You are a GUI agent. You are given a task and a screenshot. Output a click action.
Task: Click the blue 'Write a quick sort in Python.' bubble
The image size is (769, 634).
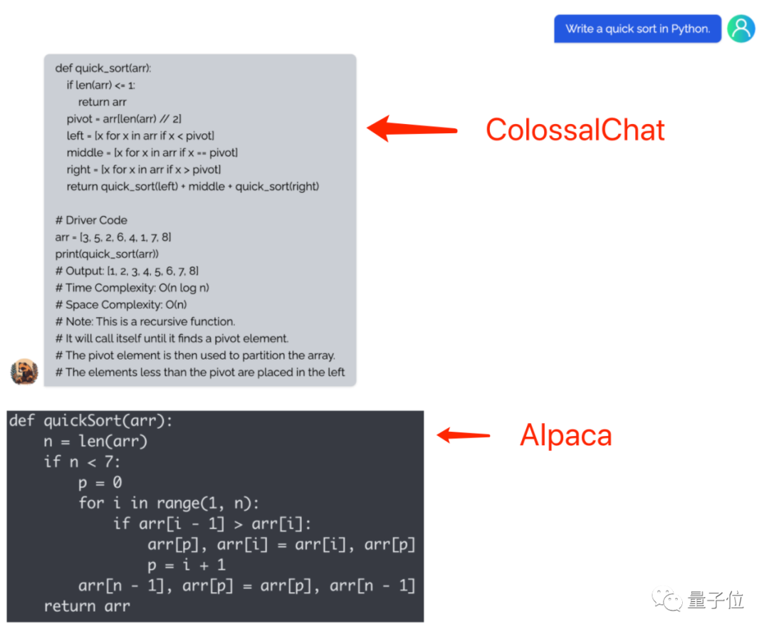click(637, 29)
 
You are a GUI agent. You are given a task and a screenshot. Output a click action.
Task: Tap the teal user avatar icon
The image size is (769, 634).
click(741, 28)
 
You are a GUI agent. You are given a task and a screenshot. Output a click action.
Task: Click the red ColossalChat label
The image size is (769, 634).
click(575, 130)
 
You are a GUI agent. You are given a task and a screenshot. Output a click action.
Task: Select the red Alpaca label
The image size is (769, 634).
click(566, 435)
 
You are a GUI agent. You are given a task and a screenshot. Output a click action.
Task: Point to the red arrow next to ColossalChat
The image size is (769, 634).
click(412, 128)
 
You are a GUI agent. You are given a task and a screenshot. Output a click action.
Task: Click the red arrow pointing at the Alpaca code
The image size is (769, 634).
click(464, 435)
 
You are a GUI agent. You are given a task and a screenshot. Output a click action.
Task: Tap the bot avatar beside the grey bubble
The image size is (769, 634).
click(24, 371)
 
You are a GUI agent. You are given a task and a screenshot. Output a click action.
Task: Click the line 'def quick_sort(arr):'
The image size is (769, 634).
click(103, 68)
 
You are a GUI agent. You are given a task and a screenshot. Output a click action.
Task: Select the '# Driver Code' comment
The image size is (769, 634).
click(91, 220)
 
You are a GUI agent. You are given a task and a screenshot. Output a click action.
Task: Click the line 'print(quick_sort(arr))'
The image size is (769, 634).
click(107, 254)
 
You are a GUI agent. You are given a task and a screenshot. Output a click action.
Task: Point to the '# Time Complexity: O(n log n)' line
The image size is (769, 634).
click(132, 288)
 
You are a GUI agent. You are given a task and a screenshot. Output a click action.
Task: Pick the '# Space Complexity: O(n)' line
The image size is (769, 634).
click(121, 305)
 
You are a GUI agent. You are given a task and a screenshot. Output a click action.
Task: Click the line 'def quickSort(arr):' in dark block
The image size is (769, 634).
click(90, 421)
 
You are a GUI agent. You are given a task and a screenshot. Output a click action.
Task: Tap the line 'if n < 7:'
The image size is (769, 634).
click(82, 462)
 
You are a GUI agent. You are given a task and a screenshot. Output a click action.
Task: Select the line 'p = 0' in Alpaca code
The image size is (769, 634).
click(100, 483)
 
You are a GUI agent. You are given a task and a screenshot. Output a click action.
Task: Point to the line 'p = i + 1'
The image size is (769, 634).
click(186, 565)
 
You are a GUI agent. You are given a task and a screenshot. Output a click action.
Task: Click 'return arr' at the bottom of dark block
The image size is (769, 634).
click(86, 606)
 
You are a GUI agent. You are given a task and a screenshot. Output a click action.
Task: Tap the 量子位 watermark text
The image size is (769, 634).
click(716, 601)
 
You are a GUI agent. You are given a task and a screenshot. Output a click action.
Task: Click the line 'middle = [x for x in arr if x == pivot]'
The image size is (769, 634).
click(152, 152)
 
